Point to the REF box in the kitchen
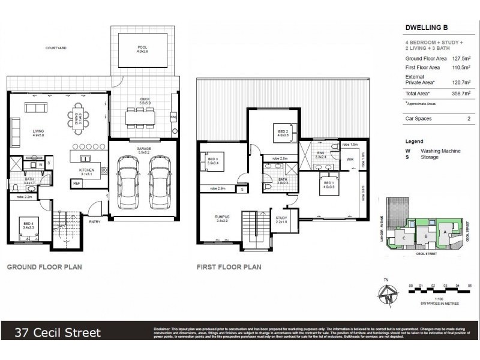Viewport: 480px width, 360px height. [77, 184]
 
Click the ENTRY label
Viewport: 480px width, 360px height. [95, 222]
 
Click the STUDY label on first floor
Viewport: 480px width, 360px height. [281, 218]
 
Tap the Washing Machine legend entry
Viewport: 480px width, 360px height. [440, 151]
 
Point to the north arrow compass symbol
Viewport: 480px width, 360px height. [389, 295]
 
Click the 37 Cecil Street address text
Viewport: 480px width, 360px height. [58, 332]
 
